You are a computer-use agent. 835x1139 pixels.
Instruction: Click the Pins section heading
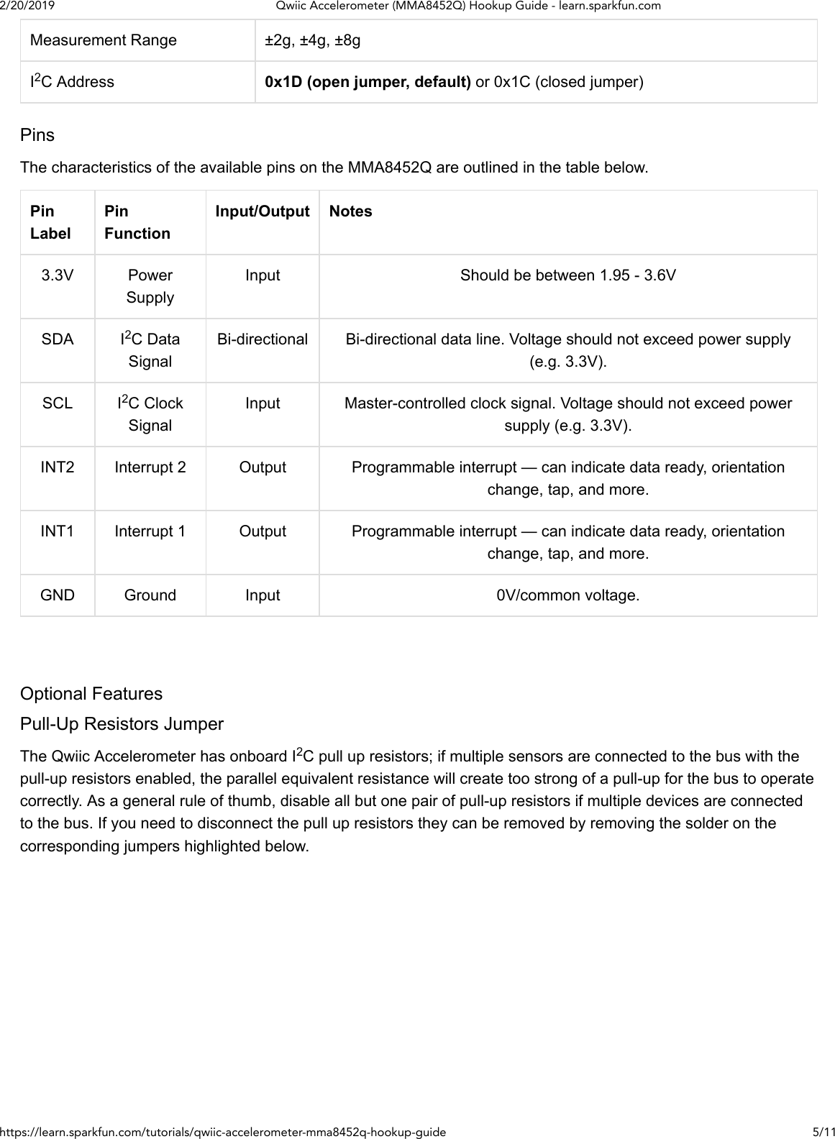click(x=37, y=135)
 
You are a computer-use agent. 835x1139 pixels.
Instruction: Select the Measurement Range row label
click(x=103, y=40)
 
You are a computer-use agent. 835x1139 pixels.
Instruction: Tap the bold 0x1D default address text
click(x=368, y=82)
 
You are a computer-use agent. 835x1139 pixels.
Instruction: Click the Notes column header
click(x=350, y=211)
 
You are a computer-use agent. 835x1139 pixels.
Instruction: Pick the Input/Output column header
click(x=262, y=211)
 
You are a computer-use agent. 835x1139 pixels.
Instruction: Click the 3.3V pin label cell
click(x=57, y=275)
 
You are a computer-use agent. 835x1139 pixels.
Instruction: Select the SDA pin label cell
click(x=57, y=339)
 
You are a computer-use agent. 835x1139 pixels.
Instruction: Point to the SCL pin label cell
click(x=57, y=403)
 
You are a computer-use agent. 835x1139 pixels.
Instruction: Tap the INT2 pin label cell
click(x=57, y=467)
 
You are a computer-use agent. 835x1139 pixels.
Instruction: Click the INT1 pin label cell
click(x=57, y=531)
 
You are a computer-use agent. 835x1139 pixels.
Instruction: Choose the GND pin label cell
click(x=57, y=595)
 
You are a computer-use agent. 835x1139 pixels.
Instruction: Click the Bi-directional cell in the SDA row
click(x=262, y=339)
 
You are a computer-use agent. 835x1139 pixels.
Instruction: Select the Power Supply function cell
click(x=150, y=286)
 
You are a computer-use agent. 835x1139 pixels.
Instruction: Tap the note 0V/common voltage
click(x=567, y=595)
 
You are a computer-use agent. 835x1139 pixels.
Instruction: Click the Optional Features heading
click(x=91, y=694)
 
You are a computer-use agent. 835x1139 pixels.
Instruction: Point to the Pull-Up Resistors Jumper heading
click(x=122, y=724)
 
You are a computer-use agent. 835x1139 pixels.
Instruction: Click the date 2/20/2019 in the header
click(x=27, y=6)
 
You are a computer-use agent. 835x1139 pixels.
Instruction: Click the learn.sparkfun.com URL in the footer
click(x=223, y=1132)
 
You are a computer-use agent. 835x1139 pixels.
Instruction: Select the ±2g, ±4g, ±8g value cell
click(x=312, y=40)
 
